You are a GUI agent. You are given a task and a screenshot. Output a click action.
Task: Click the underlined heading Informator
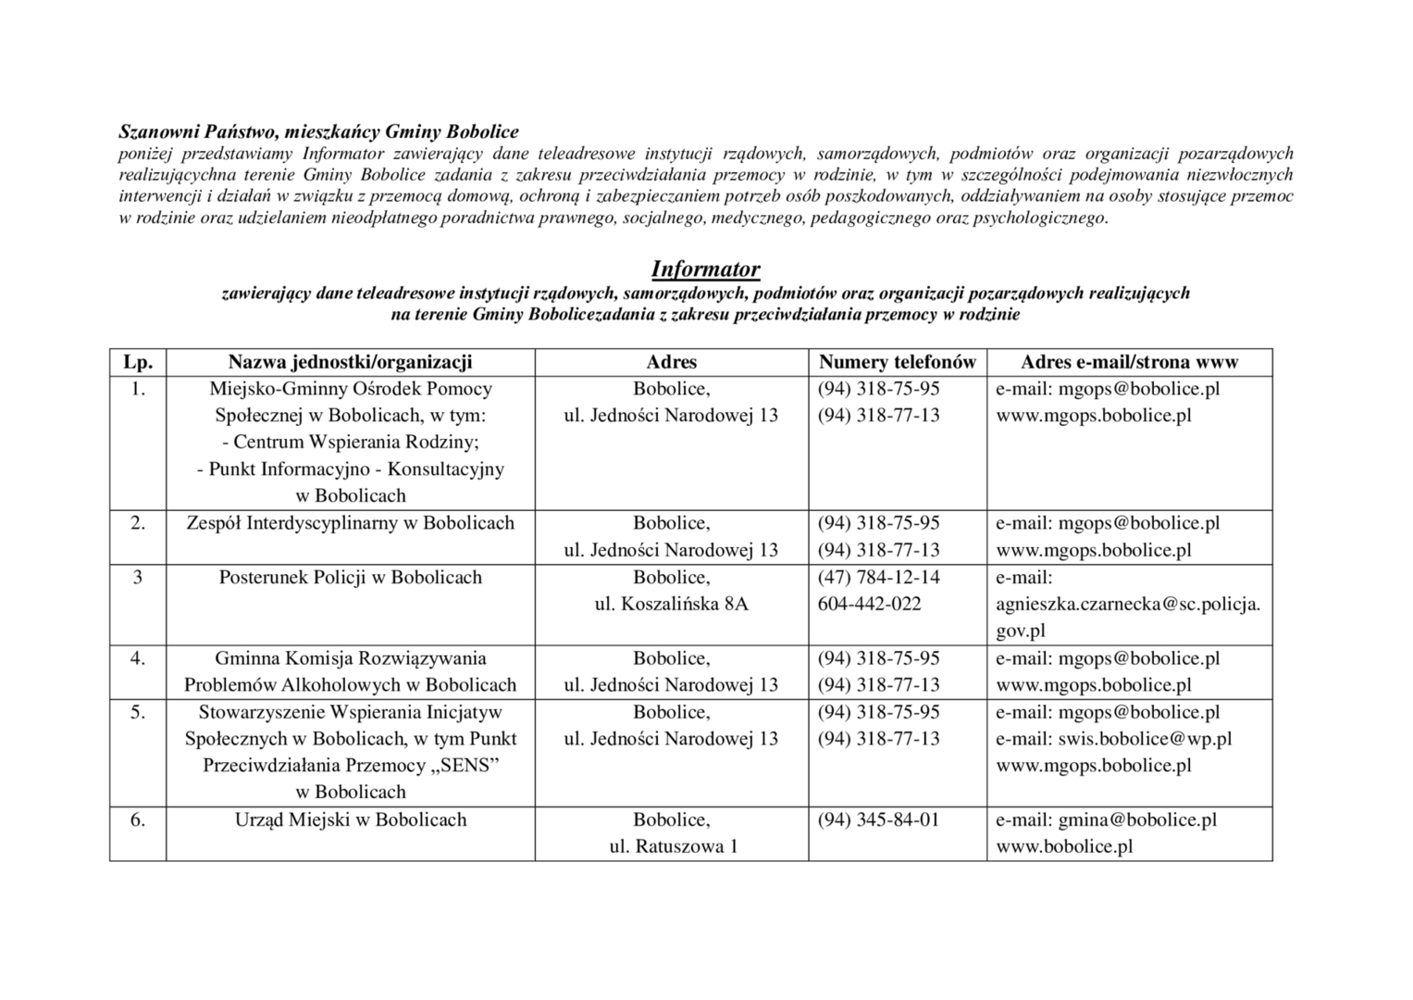coord(705,269)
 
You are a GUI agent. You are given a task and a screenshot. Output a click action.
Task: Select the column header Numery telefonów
coord(897,362)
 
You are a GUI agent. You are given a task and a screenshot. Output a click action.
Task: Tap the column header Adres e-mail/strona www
coord(1129,362)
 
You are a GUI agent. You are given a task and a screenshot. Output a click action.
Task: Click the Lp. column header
coord(138,362)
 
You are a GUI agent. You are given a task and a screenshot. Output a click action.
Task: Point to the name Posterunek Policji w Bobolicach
coord(350,578)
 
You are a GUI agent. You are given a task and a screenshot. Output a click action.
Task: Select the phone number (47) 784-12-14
coord(878,578)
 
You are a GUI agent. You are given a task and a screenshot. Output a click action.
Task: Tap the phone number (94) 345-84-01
coord(878,819)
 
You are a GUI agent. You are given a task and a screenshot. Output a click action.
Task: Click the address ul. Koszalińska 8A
coord(671,604)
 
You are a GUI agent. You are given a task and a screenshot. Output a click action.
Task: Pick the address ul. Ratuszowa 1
coord(671,845)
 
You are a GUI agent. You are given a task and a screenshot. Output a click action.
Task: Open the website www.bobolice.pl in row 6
coord(1064,845)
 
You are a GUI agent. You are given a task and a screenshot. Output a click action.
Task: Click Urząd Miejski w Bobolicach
coord(350,819)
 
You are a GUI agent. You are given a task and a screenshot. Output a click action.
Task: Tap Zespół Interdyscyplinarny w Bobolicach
coord(350,523)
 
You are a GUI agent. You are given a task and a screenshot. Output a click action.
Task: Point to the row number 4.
coord(138,658)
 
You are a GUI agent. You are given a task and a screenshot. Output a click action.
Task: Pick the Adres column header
coord(671,362)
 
